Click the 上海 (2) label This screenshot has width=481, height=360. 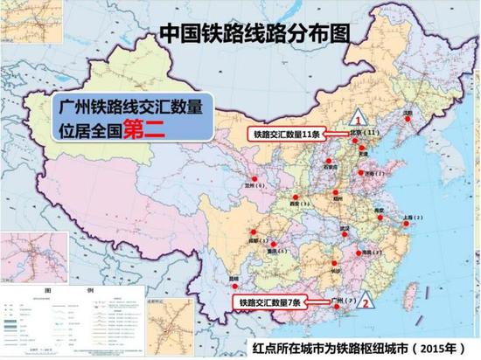[410, 215]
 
